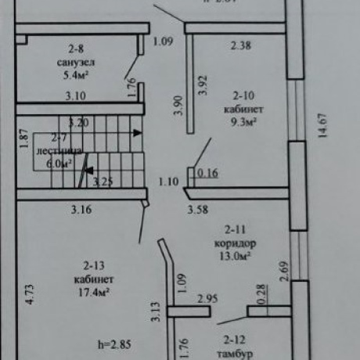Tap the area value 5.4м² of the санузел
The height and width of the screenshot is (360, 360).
77,77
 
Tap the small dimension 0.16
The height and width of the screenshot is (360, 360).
208,174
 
